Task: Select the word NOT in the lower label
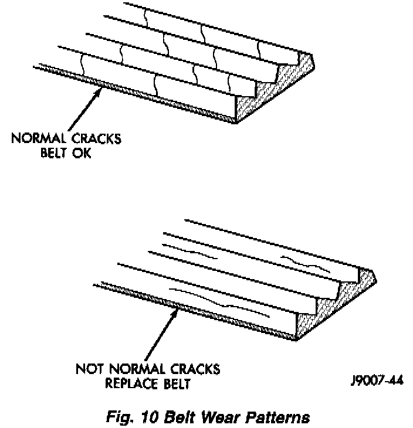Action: (x=89, y=369)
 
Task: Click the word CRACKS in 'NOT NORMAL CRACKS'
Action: (x=193, y=369)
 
